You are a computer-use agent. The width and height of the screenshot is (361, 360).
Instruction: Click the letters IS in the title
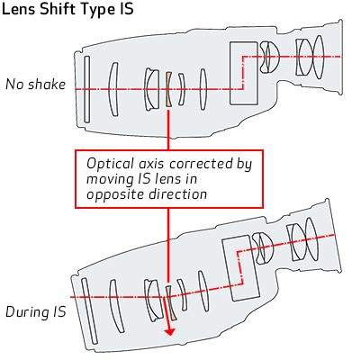click(124, 9)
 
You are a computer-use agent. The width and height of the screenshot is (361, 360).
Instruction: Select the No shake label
click(35, 85)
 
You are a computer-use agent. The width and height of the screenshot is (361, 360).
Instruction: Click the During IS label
click(36, 312)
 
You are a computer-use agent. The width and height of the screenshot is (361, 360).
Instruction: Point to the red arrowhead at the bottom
click(170, 331)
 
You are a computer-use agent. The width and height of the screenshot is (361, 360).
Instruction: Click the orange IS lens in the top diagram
click(168, 89)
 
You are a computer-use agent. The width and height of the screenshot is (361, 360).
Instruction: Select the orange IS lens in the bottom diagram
click(171, 302)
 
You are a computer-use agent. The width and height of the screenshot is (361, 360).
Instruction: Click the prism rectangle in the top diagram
click(244, 73)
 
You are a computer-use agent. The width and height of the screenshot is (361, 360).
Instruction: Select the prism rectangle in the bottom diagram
click(240, 268)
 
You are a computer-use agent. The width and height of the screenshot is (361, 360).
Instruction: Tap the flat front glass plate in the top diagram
click(86, 89)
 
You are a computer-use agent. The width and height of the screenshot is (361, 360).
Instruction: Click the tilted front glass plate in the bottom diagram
click(89, 310)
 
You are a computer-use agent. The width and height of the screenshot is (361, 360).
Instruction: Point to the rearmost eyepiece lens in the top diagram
click(318, 57)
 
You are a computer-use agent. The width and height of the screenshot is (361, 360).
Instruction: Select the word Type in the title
click(96, 10)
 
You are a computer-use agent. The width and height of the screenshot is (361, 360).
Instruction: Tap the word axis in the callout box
click(151, 164)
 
